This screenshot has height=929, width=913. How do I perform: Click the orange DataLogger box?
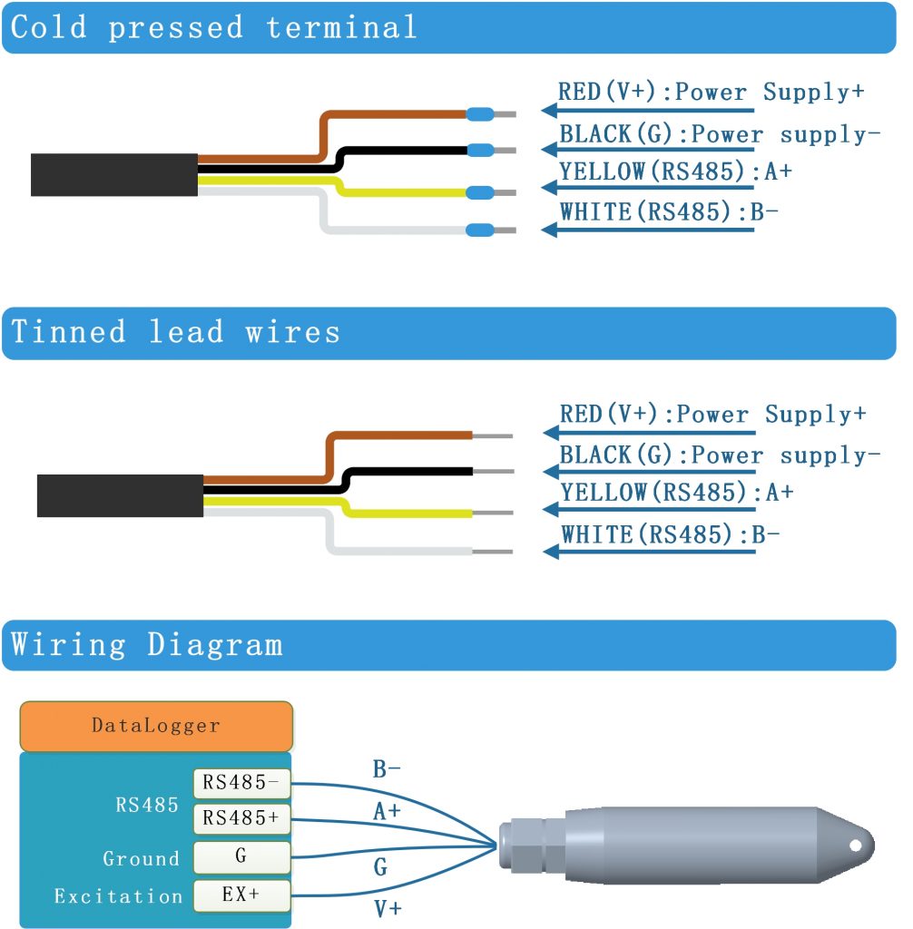click(x=155, y=726)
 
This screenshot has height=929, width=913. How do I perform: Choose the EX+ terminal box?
click(x=241, y=895)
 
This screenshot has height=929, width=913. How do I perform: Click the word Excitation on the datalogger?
click(x=118, y=896)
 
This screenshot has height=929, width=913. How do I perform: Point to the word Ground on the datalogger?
click(x=141, y=858)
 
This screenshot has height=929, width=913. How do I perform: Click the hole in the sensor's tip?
click(x=854, y=845)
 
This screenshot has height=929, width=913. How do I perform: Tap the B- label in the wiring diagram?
click(x=387, y=770)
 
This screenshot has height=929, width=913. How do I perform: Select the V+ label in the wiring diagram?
click(x=388, y=908)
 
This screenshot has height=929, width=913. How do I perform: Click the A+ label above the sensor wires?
click(x=387, y=812)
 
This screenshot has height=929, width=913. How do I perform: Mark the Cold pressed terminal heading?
click(x=214, y=27)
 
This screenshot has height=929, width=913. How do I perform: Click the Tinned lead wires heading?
click(x=176, y=332)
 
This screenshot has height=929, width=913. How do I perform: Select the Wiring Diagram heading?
click(x=147, y=645)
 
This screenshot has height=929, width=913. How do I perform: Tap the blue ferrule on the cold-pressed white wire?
click(x=480, y=230)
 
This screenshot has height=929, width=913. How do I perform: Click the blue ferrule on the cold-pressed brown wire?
click(x=480, y=114)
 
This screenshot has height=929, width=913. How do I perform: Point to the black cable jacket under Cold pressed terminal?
click(x=114, y=174)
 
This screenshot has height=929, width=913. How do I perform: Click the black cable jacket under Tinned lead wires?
click(x=120, y=495)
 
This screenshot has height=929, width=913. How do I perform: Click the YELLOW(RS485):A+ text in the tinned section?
click(x=677, y=494)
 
